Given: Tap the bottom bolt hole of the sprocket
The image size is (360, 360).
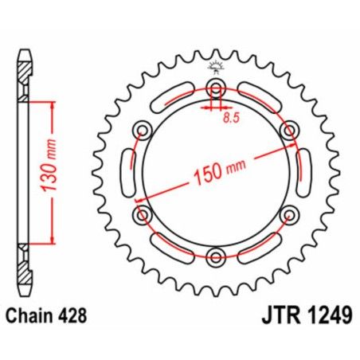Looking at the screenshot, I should tap(215, 256).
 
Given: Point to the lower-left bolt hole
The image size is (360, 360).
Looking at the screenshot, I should tap(143, 213).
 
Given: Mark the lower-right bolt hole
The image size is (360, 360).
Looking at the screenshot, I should tap(288, 213).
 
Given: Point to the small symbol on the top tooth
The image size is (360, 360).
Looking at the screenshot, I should tap(215, 66).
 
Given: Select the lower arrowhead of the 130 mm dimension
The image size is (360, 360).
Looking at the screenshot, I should tap(53, 240).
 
